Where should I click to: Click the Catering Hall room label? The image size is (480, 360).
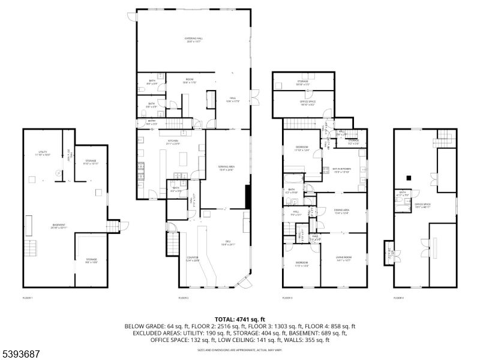[x=193, y=40]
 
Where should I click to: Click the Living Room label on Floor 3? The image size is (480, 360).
[x=343, y=259]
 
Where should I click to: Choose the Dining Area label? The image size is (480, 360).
[x=342, y=211]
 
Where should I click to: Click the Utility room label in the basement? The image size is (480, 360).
[x=43, y=153]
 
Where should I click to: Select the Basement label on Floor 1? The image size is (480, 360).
[x=58, y=227]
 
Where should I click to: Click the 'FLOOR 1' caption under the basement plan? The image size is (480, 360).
[x=28, y=298]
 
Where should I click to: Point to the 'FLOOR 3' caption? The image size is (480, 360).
[x=287, y=298]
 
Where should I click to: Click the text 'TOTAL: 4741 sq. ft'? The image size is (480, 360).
[x=239, y=319]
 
